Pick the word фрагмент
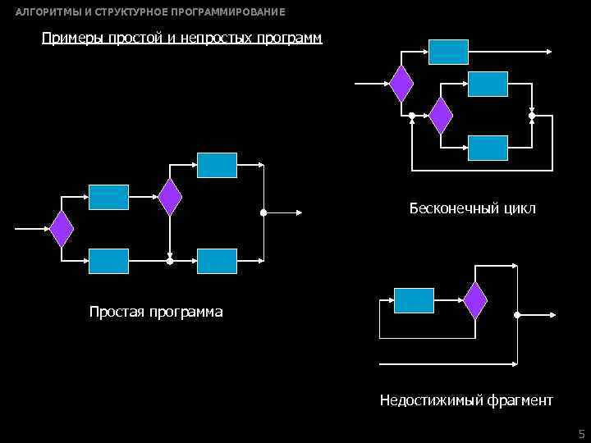tap(520, 400)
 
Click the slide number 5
tap(581, 433)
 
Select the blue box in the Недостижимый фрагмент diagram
tap(414, 300)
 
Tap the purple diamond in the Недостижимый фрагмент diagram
tap(475, 300)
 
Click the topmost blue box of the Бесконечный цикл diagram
tap(449, 52)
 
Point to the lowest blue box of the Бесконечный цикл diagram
tap(488, 148)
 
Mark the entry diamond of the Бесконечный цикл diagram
tap(401, 83)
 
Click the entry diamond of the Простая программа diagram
tap(62, 229)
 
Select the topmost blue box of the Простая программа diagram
tap(217, 165)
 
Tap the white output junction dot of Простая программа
tap(263, 212)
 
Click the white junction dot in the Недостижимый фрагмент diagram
tap(516, 314)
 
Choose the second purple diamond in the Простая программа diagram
tap(170, 197)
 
